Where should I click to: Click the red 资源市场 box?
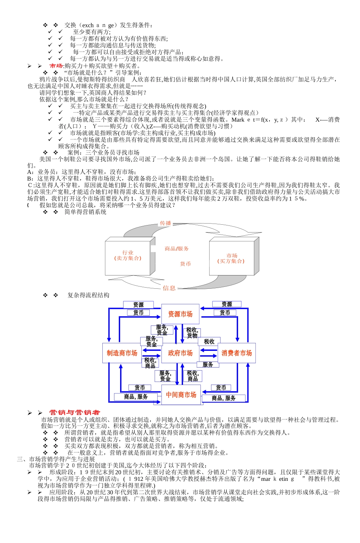coord(180,314)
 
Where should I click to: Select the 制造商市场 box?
coord(122,353)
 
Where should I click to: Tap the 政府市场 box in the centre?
coord(180,353)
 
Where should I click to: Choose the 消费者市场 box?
coord(236,353)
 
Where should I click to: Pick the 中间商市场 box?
coord(181,395)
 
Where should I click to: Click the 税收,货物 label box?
coord(192,333)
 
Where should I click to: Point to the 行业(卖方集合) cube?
coord(128,256)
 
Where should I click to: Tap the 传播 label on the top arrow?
coord(166,223)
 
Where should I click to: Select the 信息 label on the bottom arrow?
coord(169,288)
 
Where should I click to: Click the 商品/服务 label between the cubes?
coord(177,249)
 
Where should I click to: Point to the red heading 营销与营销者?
coord(75,412)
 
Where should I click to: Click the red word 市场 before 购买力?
coord(56,66)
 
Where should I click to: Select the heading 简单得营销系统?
coord(85,212)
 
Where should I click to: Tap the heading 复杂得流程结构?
coord(88,295)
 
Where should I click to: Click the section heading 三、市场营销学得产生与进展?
coord(56,459)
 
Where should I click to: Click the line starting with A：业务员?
coord(81,172)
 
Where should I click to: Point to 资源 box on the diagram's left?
coord(138,305)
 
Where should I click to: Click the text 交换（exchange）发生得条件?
coord(108,25)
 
